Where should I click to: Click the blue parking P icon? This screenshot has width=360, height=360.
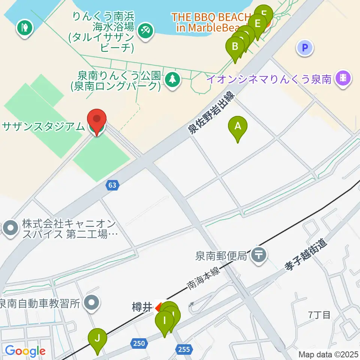click(x=305, y=48)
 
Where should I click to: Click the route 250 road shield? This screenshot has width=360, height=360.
click(x=138, y=343)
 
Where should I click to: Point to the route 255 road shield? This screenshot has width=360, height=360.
click(x=184, y=349)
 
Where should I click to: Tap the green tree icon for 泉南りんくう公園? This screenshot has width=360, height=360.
click(x=172, y=79)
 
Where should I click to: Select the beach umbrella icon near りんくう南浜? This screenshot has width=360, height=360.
click(x=145, y=30)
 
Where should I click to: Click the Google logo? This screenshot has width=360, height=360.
click(x=25, y=351)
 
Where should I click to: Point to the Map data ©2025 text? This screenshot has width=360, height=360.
click(x=328, y=354)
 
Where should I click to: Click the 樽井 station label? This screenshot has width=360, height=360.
click(x=142, y=308)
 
